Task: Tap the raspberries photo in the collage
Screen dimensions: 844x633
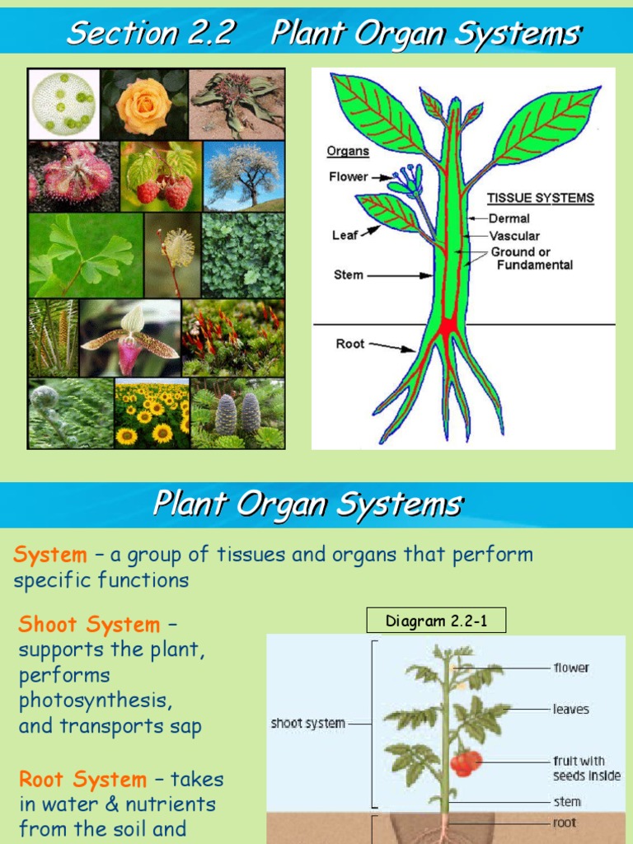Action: pos(161,176)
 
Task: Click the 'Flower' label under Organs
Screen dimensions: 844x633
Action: pos(348,177)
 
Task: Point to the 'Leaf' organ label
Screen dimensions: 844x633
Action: pos(345,235)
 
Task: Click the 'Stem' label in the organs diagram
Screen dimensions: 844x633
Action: pos(348,274)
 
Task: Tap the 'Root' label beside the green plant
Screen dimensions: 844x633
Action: pos(350,344)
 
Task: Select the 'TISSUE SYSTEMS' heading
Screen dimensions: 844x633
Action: pos(540,199)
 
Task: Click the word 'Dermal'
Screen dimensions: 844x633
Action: pos(509,218)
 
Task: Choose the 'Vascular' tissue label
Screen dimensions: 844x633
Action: pos(514,236)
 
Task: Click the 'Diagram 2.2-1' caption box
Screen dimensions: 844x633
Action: pos(436,621)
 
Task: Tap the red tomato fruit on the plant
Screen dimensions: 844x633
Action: pos(466,762)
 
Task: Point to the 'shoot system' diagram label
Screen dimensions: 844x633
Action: pos(308,724)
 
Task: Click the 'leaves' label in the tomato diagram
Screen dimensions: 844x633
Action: pos(570,709)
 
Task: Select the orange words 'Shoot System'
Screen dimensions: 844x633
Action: pos(89,625)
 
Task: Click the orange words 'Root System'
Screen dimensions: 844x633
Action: pos(82,779)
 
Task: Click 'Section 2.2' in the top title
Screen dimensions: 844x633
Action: pos(151,34)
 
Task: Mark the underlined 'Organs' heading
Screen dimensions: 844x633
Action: pos(347,152)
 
